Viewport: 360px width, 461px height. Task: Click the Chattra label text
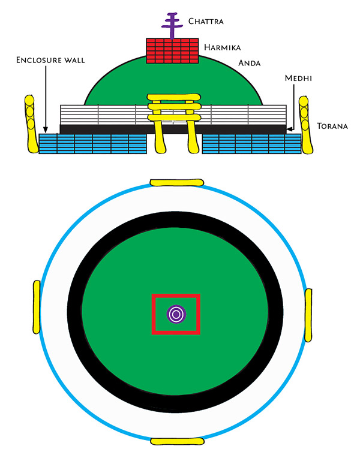[206, 21]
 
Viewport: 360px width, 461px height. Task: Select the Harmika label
[222, 47]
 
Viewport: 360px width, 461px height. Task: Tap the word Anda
[250, 63]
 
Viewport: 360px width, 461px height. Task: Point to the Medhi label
[298, 78]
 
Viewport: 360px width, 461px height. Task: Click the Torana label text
[332, 126]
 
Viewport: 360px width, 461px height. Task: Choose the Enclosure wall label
[50, 60]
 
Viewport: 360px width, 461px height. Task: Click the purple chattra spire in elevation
[172, 26]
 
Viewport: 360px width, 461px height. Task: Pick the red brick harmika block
[172, 50]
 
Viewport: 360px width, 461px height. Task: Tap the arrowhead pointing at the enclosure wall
[46, 129]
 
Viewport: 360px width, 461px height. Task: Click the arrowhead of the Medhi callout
[289, 129]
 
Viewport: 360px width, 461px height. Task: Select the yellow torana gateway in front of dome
[174, 123]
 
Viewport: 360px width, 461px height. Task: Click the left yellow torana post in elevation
[31, 123]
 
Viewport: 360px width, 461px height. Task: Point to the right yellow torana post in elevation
[306, 125]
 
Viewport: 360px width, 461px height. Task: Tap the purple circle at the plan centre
[176, 314]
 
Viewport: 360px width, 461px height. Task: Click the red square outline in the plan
[176, 314]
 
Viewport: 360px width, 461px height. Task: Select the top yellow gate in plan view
[176, 182]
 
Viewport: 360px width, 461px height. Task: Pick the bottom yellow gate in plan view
[177, 441]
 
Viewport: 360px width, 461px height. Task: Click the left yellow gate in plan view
[36, 307]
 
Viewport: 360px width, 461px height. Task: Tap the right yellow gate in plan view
[308, 315]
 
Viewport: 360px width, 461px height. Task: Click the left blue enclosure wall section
[93, 144]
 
